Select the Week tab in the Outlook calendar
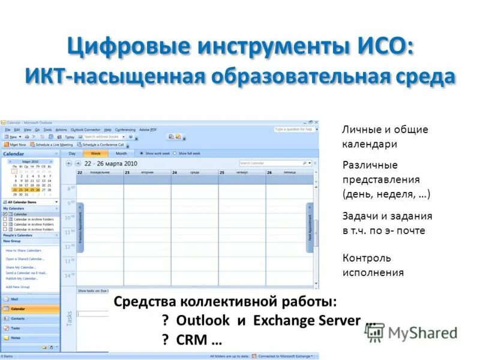(95, 154)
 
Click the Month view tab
(121, 154)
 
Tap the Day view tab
(72, 154)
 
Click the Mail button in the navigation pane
(30, 298)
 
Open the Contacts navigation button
(30, 318)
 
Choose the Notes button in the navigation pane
(30, 338)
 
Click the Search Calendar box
(271, 163)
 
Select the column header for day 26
(289, 173)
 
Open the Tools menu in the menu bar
(47, 130)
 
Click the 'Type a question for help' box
(294, 129)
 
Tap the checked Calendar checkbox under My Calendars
(5, 214)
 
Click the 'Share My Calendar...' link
(21, 267)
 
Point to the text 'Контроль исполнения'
(373, 265)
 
